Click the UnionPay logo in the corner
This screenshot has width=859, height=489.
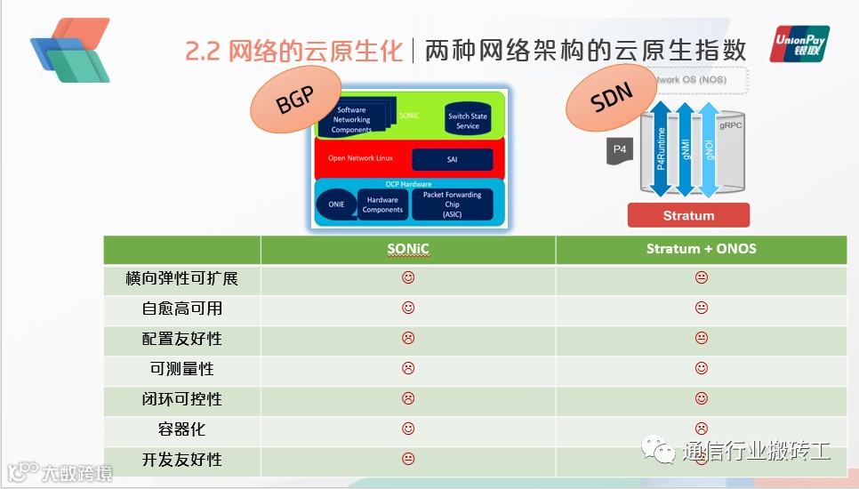799,44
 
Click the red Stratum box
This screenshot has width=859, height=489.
688,215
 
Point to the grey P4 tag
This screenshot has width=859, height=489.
619,150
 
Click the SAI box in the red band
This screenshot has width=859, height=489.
452,159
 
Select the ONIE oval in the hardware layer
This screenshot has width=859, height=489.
335,204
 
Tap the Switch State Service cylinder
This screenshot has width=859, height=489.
468,120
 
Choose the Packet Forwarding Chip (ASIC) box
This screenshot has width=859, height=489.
452,204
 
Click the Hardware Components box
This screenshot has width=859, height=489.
382,205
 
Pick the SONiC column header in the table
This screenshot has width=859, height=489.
408,249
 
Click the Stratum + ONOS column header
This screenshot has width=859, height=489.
701,249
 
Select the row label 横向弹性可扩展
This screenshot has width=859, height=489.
182,279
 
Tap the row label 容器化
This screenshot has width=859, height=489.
182,429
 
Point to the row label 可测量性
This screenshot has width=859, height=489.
182,369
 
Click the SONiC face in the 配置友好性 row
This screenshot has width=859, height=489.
408,339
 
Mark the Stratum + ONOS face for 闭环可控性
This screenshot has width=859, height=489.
701,399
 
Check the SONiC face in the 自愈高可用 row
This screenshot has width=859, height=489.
408,309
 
